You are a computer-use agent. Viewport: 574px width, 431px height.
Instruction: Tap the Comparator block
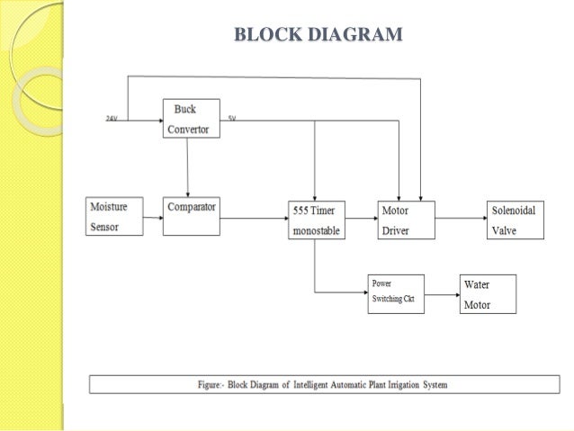(x=192, y=217)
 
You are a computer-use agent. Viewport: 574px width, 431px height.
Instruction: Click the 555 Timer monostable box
(x=315, y=220)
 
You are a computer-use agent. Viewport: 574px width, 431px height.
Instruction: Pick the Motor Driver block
(x=404, y=220)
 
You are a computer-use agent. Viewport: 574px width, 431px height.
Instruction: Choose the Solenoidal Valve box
(x=516, y=220)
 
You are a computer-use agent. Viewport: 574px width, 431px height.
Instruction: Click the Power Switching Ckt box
(x=397, y=292)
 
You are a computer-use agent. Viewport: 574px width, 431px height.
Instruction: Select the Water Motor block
(x=488, y=293)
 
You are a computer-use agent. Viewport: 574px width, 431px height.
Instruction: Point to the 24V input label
(x=112, y=119)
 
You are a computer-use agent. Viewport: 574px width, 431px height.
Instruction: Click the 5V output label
(x=231, y=119)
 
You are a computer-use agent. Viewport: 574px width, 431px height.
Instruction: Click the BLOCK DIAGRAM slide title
(x=318, y=36)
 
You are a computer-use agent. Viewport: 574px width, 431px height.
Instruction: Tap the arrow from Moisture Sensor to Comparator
(x=152, y=217)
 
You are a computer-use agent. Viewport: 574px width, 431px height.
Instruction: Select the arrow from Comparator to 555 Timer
(x=254, y=217)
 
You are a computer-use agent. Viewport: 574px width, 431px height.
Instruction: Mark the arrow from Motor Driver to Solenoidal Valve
(x=461, y=217)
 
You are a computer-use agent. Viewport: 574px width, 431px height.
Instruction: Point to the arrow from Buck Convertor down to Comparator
(x=187, y=166)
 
